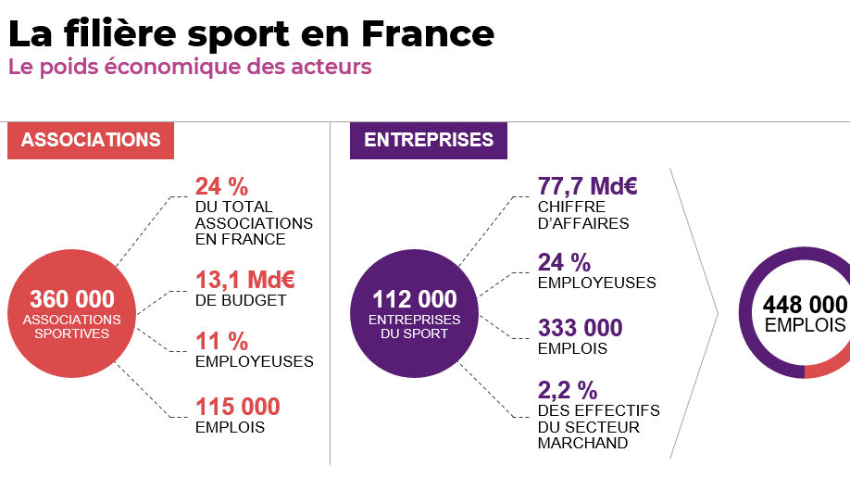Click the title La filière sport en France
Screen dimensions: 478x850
[251, 33]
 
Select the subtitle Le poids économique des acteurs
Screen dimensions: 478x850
[190, 68]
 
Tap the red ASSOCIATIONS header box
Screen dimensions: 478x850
[91, 140]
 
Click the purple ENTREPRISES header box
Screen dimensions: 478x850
[429, 140]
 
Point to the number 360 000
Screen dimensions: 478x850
[72, 299]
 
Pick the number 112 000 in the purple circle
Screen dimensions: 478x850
[415, 299]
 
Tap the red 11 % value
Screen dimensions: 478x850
[221, 341]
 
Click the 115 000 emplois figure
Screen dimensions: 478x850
[237, 407]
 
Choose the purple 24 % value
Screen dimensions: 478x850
[564, 262]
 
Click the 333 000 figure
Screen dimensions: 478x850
[580, 328]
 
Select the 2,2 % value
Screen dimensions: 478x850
[568, 389]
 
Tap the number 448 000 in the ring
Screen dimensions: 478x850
[805, 305]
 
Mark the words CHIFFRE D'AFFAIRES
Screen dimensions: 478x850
[583, 215]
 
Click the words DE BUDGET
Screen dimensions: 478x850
[241, 300]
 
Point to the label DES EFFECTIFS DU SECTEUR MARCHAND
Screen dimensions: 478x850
[598, 426]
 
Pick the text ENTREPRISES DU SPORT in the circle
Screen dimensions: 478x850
[415, 326]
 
